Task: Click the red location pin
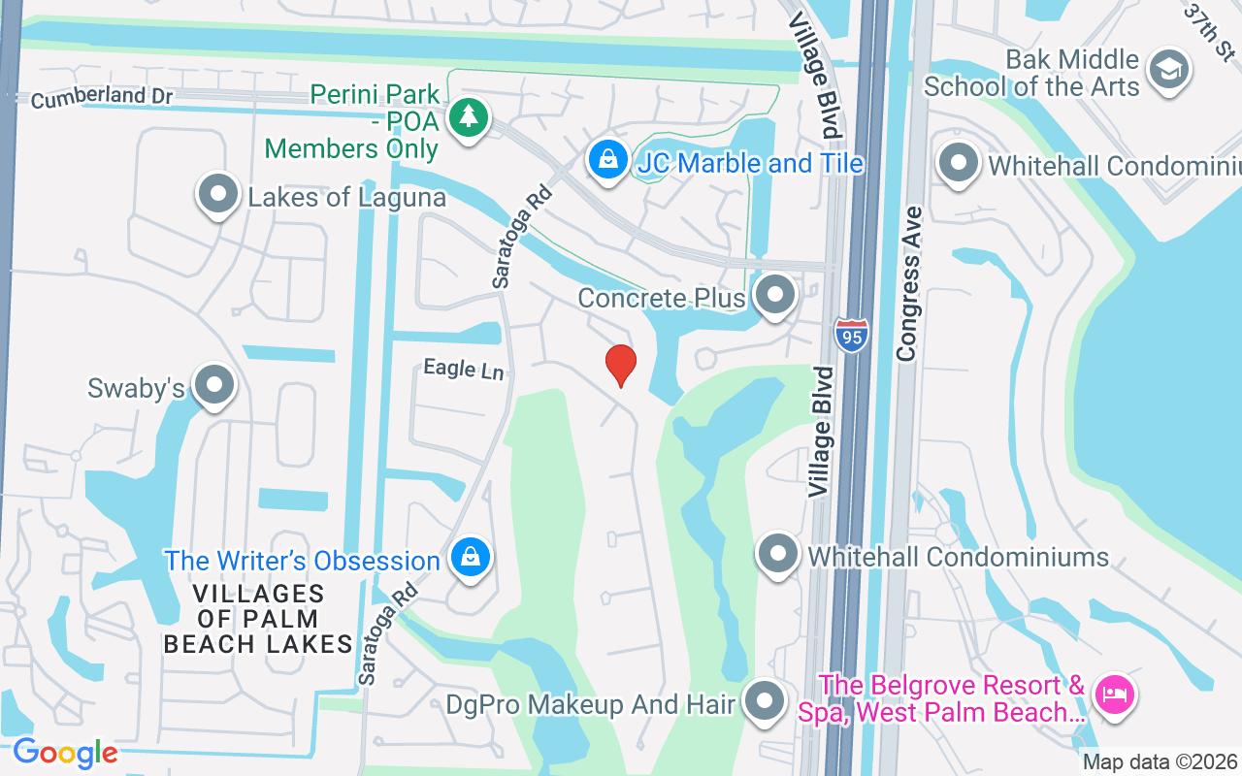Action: pyautogui.click(x=621, y=366)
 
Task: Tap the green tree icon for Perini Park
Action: pyautogui.click(x=469, y=119)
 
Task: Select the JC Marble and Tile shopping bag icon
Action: pyautogui.click(x=608, y=161)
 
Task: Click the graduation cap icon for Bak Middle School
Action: pyautogui.click(x=1168, y=70)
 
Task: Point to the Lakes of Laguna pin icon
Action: pyautogui.click(x=218, y=194)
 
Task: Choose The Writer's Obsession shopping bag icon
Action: pyautogui.click(x=471, y=558)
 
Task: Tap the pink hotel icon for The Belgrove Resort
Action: pyautogui.click(x=1114, y=695)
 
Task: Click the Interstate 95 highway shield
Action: pyautogui.click(x=850, y=336)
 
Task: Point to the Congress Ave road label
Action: pyautogui.click(x=908, y=282)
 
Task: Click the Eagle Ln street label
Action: pyautogui.click(x=464, y=369)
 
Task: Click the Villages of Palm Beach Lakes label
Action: pyautogui.click(x=257, y=619)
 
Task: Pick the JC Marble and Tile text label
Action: pyautogui.click(x=749, y=163)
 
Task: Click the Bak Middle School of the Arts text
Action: pyautogui.click(x=1031, y=73)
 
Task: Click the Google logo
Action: pyautogui.click(x=65, y=752)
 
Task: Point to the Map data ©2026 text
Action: pyautogui.click(x=1160, y=761)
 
